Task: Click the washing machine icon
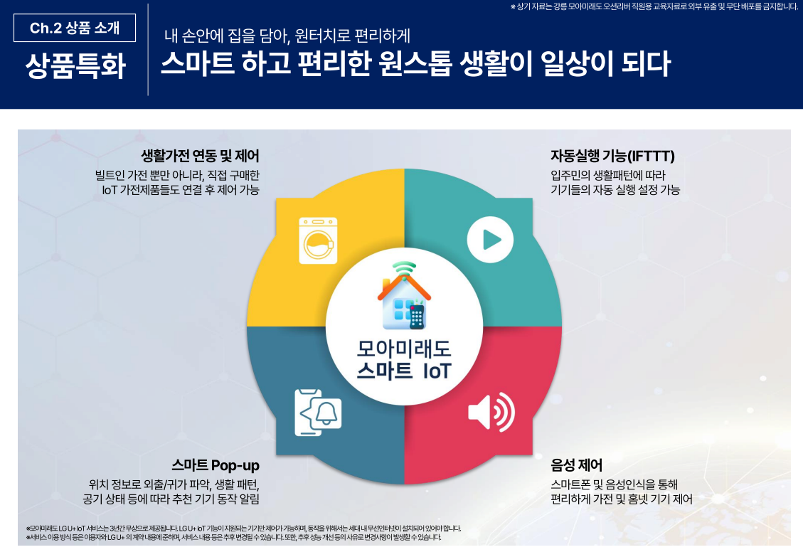pyautogui.click(x=318, y=240)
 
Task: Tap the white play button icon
pyautogui.click(x=490, y=239)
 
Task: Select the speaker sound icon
pyautogui.click(x=491, y=411)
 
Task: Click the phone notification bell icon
pyautogui.click(x=317, y=413)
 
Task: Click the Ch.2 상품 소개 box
pyautogui.click(x=75, y=28)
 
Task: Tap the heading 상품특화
pyautogui.click(x=75, y=65)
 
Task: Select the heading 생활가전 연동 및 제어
pyautogui.click(x=201, y=156)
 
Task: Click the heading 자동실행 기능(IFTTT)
pyautogui.click(x=612, y=156)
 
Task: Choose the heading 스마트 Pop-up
pyautogui.click(x=216, y=465)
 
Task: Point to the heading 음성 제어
pyautogui.click(x=576, y=465)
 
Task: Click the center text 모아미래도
pyautogui.click(x=404, y=349)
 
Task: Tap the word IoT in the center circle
pyautogui.click(x=437, y=371)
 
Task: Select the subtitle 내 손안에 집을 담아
pyautogui.click(x=228, y=36)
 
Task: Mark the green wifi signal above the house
pyautogui.click(x=405, y=268)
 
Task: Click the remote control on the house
pyautogui.click(x=417, y=317)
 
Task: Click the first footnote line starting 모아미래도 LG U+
pyautogui.click(x=244, y=529)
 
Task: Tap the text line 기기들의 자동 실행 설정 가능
pyautogui.click(x=615, y=190)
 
